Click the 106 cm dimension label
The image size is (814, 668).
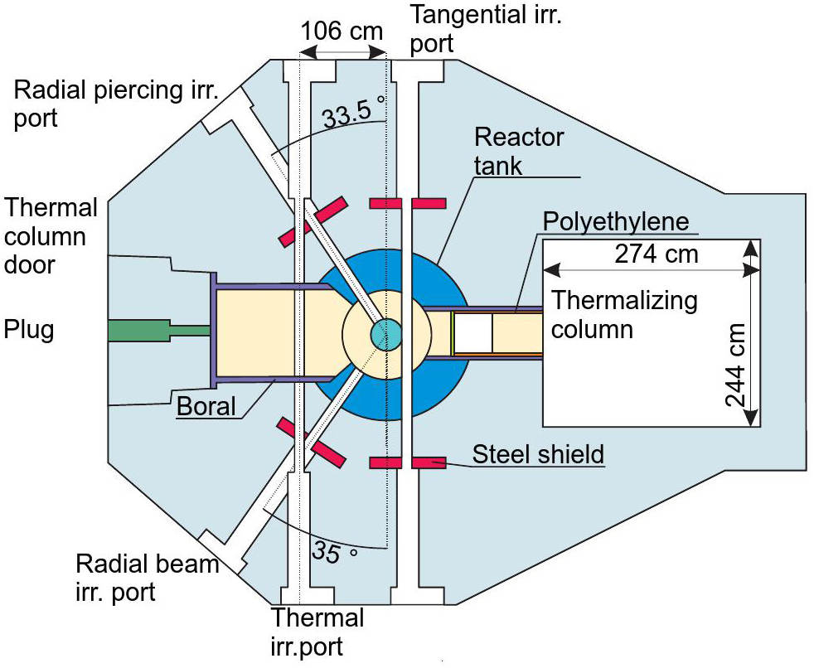point(342,32)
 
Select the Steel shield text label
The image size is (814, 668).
point(538,454)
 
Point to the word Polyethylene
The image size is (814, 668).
point(616,222)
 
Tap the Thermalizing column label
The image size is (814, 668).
point(624,314)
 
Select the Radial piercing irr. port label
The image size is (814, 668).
point(116,104)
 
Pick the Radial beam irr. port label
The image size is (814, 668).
point(148,578)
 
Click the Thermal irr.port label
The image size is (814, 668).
point(317,630)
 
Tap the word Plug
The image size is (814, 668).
point(29,330)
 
